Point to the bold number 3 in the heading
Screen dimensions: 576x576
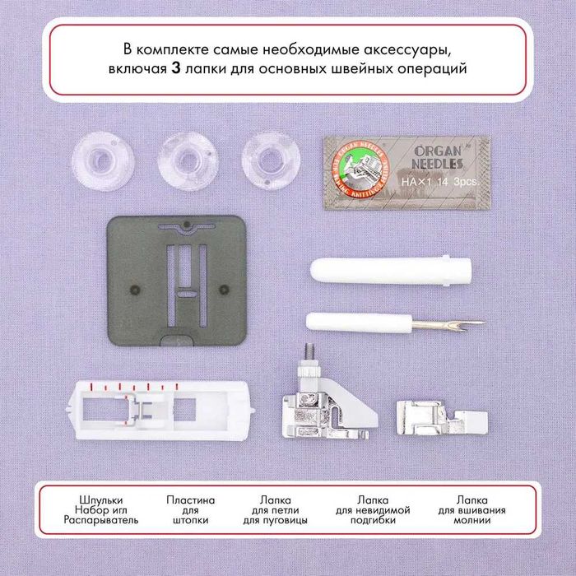coord(176,70)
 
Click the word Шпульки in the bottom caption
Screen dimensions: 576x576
coord(103,499)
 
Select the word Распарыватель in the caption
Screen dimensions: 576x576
coord(103,521)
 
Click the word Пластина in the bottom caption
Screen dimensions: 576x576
coord(191,499)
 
